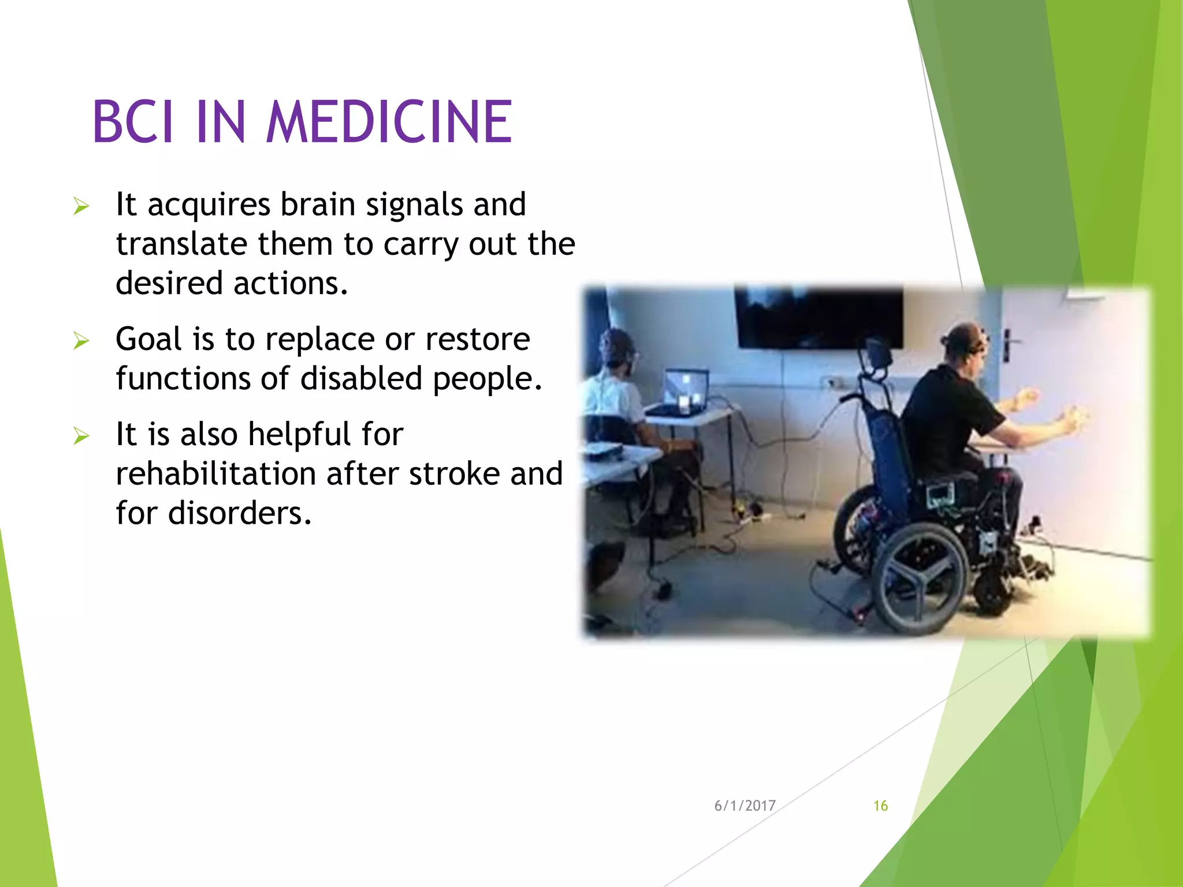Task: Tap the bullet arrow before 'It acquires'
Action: pos(81,207)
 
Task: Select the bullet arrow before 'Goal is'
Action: pos(81,341)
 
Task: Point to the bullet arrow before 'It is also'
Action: pos(81,437)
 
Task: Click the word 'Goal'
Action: pos(148,339)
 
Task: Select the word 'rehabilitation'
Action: pos(215,474)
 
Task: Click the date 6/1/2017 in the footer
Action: pos(745,806)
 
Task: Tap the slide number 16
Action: pos(880,806)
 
